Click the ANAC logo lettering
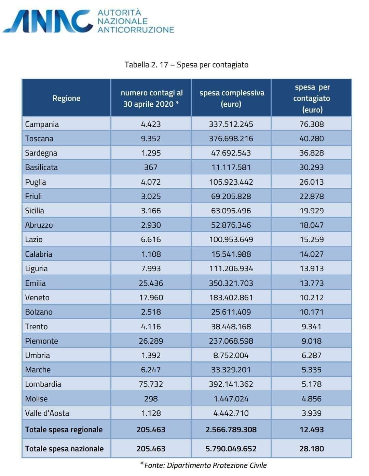pyautogui.click(x=48, y=21)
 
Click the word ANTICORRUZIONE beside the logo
pyautogui.click(x=136, y=29)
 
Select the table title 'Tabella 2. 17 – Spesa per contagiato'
pyautogui.click(x=187, y=65)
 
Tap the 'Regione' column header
pyautogui.click(x=66, y=98)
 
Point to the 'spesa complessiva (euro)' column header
pyautogui.click(x=232, y=98)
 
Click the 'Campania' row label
pyautogui.click(x=42, y=124)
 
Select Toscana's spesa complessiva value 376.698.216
pyautogui.click(x=231, y=138)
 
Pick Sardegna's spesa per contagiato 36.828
pyautogui.click(x=312, y=153)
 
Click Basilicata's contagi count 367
pyautogui.click(x=151, y=167)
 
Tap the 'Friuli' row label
pyautogui.click(x=33, y=196)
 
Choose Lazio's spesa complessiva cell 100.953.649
pyautogui.click(x=231, y=239)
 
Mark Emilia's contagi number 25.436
pyautogui.click(x=151, y=283)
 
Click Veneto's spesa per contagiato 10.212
pyautogui.click(x=312, y=297)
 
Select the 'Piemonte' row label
pyautogui.click(x=42, y=341)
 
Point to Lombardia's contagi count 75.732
pyautogui.click(x=151, y=384)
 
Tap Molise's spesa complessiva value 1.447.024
pyautogui.click(x=231, y=399)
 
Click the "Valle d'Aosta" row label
pyautogui.click(x=47, y=413)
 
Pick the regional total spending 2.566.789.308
pyautogui.click(x=231, y=429)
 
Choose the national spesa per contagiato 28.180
pyautogui.click(x=312, y=449)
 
